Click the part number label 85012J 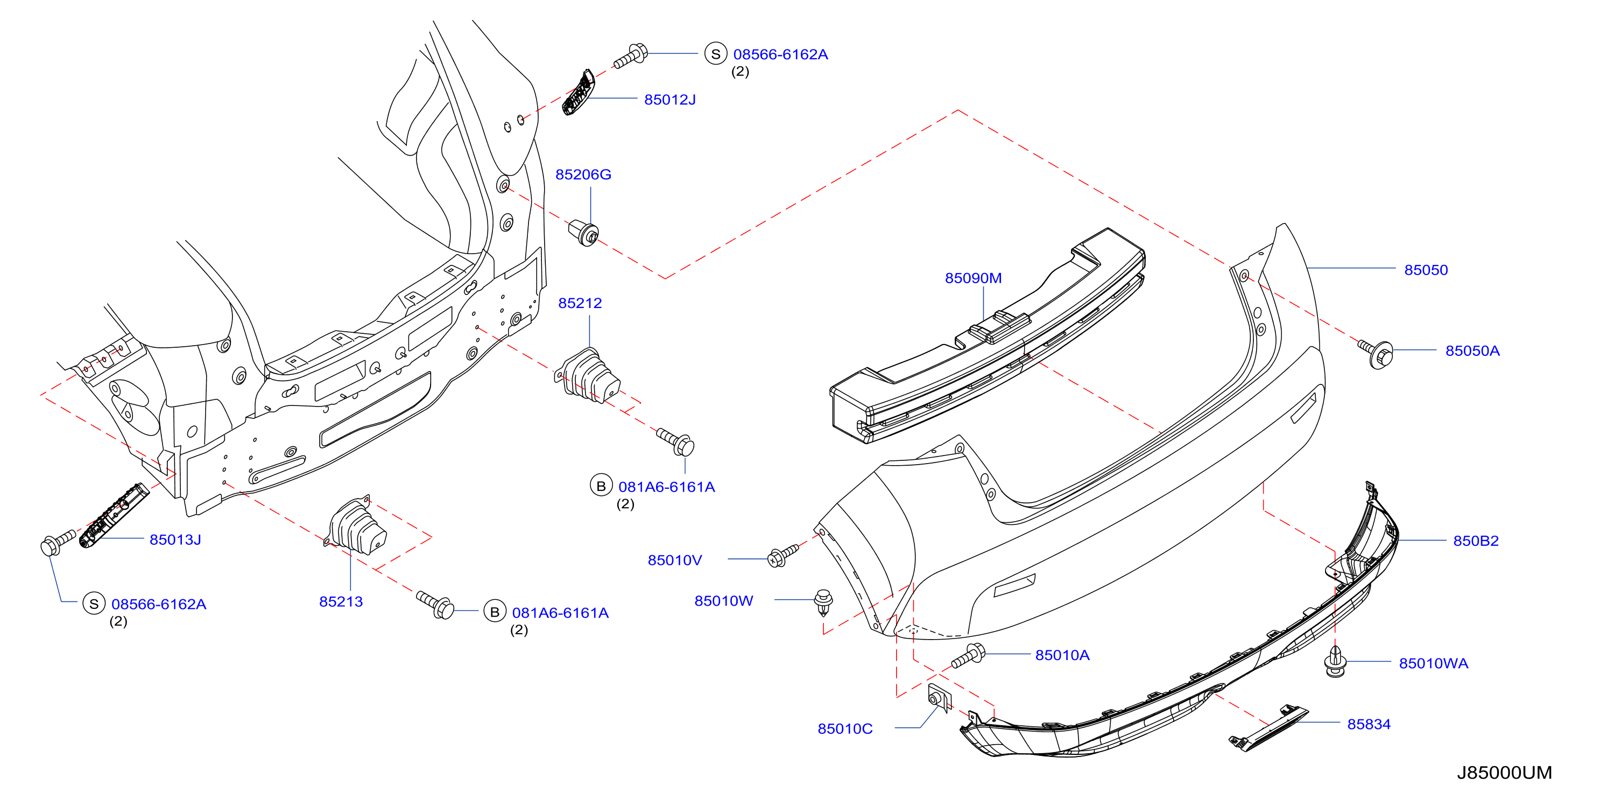pos(670,100)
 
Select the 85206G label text pos(583,174)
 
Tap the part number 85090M pos(973,278)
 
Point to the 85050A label pos(1472,351)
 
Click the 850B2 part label pos(1476,541)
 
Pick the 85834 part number pos(1369,724)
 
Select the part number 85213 pos(341,601)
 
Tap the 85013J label pos(175,539)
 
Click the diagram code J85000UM pos(1504,772)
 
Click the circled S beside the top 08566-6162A pos(716,54)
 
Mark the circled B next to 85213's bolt pos(495,612)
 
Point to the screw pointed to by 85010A pos(969,655)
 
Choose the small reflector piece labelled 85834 pos(1268,727)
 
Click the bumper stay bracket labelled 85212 pos(588,375)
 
